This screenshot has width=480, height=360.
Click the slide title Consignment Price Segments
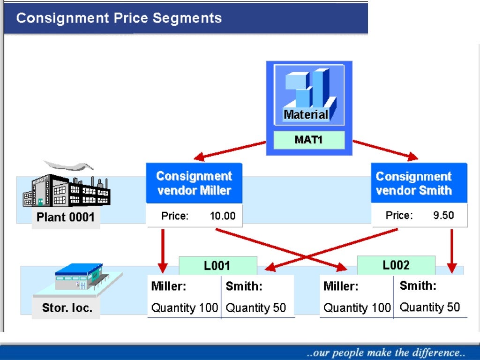[119, 18]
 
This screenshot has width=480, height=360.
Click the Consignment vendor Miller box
[194, 183]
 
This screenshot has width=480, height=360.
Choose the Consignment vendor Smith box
[414, 183]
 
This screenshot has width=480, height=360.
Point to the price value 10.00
[223, 216]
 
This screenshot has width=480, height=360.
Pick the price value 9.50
[443, 216]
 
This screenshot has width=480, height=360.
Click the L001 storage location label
[217, 266]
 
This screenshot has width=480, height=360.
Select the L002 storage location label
[396, 265]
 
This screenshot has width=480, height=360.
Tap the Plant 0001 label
[66, 217]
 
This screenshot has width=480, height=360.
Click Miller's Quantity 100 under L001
[185, 308]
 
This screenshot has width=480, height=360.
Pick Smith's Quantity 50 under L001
[256, 308]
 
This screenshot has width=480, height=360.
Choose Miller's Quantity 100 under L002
[357, 308]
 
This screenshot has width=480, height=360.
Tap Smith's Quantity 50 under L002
[430, 307]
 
